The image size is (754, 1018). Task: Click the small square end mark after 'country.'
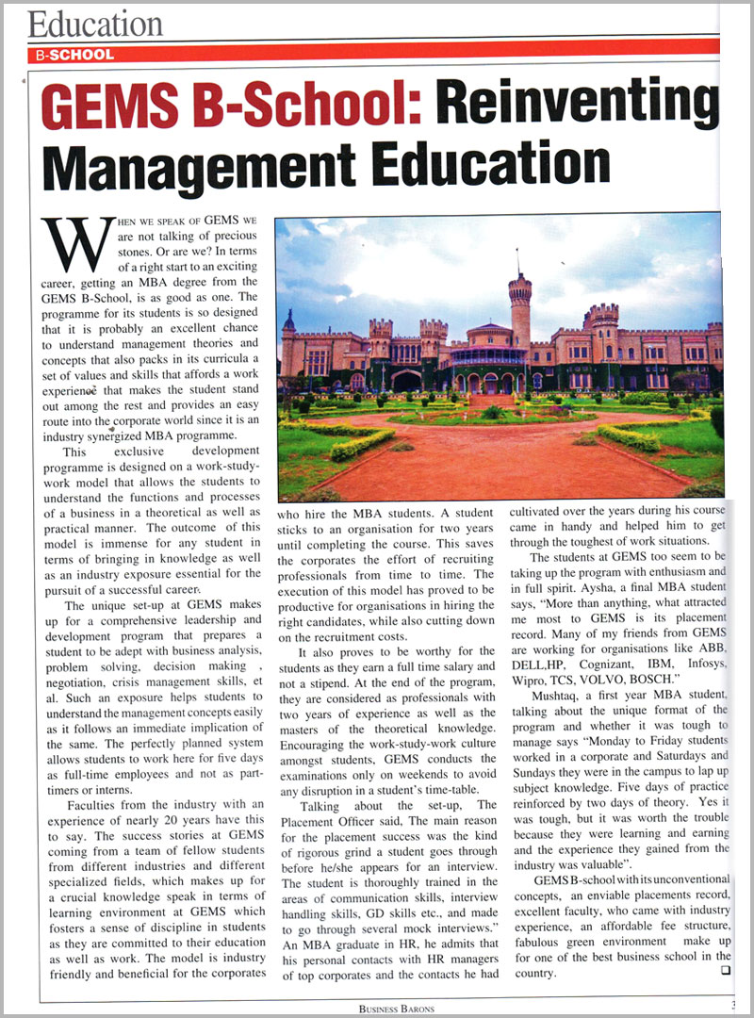[x=726, y=973]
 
